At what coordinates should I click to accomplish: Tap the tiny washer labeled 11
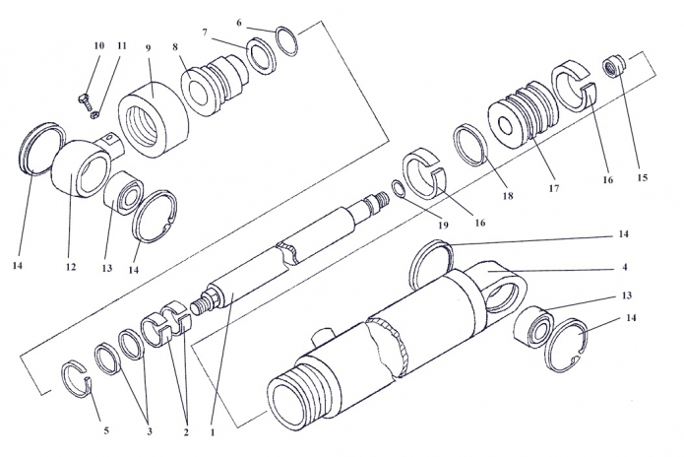coord(93,115)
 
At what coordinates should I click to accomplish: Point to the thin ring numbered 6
coord(287,41)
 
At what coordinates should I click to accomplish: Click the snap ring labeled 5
coord(77,379)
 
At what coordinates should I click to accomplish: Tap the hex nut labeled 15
coord(614,66)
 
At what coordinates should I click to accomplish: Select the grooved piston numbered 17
coord(524,115)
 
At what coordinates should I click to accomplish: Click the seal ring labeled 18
coord(470,145)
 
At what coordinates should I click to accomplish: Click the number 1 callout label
coord(213,432)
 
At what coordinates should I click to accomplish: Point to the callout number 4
coord(625,267)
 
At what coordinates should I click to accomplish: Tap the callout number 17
coord(553,188)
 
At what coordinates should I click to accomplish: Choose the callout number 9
coord(149,47)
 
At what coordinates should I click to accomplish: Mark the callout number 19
coord(443,226)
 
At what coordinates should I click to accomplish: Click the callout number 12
coord(71,267)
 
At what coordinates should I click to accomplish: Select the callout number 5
coord(106,430)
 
